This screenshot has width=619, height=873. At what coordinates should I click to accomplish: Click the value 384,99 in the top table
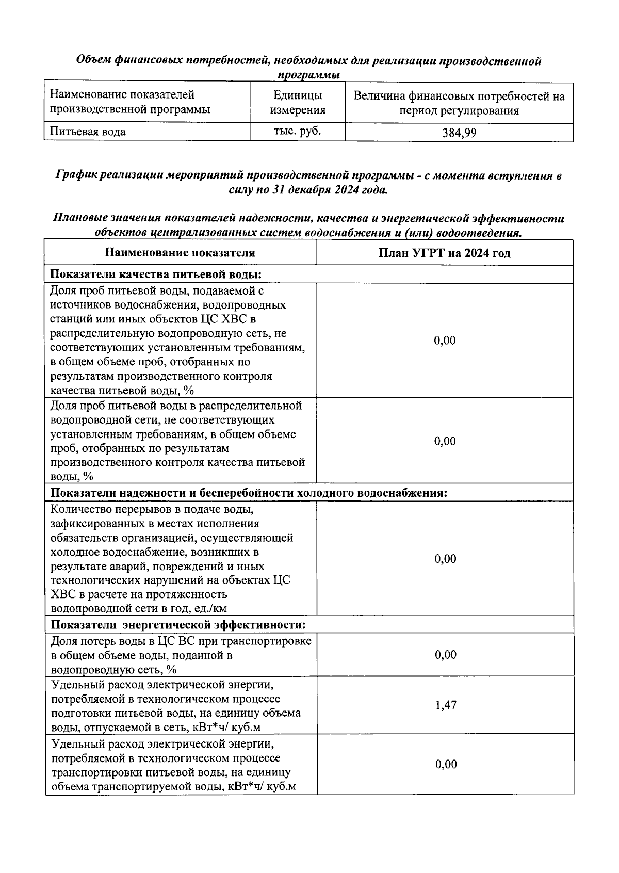pyautogui.click(x=459, y=133)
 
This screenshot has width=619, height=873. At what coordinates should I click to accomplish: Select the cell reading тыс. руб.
pyautogui.click(x=297, y=131)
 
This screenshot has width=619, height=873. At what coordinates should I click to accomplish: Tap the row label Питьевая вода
pyautogui.click(x=88, y=132)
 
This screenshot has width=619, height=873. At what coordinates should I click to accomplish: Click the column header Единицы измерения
pyautogui.click(x=298, y=103)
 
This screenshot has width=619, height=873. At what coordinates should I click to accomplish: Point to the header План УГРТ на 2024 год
pyautogui.click(x=444, y=253)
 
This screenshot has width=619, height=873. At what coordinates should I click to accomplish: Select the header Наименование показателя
pyautogui.click(x=180, y=253)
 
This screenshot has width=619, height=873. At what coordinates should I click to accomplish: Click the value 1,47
pyautogui.click(x=446, y=705)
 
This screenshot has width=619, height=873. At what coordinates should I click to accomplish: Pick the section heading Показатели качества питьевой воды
pyautogui.click(x=159, y=274)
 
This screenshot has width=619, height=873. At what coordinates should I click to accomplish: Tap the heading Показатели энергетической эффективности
pyautogui.click(x=178, y=625)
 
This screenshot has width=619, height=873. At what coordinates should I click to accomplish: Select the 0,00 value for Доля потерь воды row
pyautogui.click(x=446, y=655)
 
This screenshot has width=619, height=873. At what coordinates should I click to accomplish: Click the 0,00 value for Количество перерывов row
pyautogui.click(x=445, y=559)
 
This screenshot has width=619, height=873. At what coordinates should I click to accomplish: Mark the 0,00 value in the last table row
pyautogui.click(x=446, y=764)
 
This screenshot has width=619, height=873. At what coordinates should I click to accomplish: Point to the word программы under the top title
pyautogui.click(x=308, y=75)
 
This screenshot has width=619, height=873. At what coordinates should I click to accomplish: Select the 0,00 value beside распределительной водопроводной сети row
pyautogui.click(x=445, y=441)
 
